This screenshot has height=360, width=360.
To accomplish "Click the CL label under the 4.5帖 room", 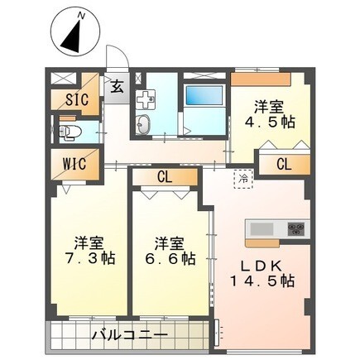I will click(x=283, y=163).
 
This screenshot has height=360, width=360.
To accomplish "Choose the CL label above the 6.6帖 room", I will click(x=164, y=176).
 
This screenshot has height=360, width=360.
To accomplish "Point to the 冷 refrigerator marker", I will click(x=244, y=176).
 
